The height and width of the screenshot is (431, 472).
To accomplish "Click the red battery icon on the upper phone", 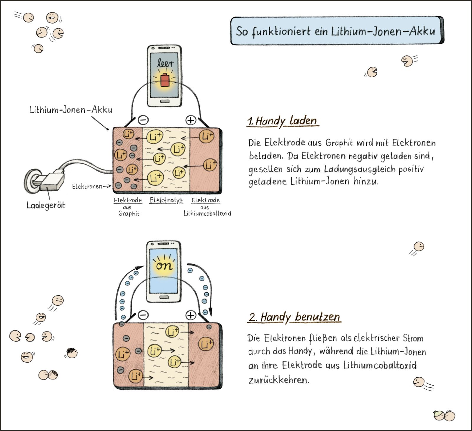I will click(165, 80).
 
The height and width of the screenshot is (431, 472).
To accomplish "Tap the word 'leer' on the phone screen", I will click(165, 63).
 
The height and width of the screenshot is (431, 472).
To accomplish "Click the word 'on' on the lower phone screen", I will click(164, 266).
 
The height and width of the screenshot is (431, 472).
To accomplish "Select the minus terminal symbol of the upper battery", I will click(143, 120).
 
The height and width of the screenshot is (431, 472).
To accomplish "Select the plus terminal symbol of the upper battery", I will click(191, 120).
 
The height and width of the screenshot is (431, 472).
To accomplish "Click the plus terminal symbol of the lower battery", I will click(191, 315).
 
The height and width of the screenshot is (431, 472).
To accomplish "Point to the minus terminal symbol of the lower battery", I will click(143, 315).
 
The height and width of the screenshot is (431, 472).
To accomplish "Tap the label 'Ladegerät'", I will click(46, 205).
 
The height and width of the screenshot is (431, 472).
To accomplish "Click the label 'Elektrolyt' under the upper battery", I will click(166, 200).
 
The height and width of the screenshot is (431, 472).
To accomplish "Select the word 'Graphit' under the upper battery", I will click(129, 213).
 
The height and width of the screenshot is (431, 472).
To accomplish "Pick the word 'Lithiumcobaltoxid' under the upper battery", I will click(207, 213).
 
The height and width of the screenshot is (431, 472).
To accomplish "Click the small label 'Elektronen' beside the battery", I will click(87, 186).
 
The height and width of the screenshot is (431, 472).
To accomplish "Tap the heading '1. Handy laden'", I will click(282, 121).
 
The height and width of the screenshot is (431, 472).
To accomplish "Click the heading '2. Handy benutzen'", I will click(294, 317).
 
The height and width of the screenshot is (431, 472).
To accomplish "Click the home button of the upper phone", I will click(165, 101).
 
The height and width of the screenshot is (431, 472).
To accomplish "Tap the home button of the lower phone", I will click(164, 297).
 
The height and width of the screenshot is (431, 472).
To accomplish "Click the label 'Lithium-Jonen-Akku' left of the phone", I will click(71, 110).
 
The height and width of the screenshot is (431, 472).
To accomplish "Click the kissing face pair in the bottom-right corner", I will click(445, 415).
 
